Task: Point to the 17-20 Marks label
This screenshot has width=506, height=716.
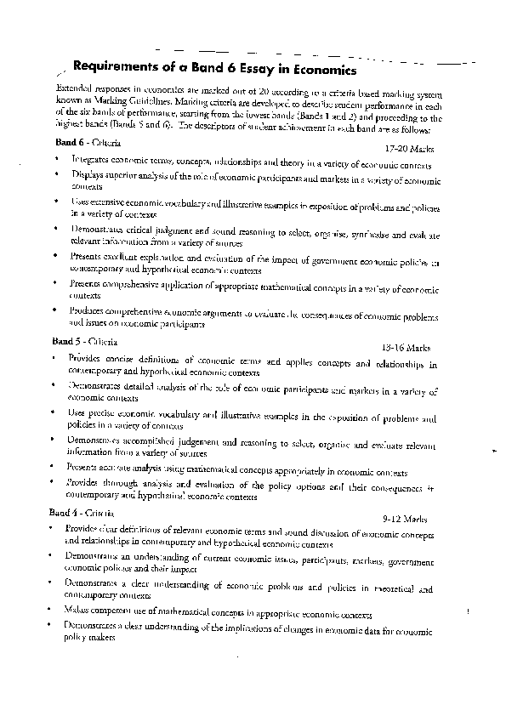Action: click(408, 148)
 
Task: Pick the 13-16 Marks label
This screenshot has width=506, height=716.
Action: click(407, 348)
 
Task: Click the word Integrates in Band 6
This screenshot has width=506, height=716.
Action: click(91, 159)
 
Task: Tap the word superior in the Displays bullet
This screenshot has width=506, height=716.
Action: click(117, 176)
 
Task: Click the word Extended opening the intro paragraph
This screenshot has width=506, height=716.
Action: click(75, 88)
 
